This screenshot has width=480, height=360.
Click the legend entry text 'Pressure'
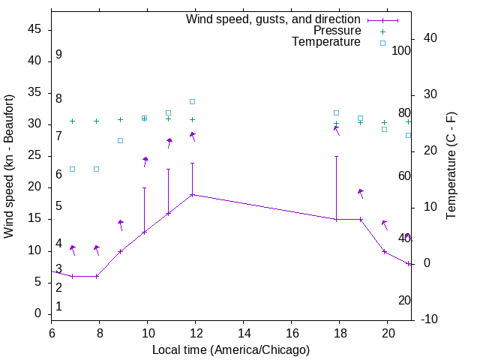[337, 31]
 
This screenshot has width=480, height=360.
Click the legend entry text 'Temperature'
[326, 42]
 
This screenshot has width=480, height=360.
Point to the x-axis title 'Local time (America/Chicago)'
[231, 349]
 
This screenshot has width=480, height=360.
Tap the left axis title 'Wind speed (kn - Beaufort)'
[9, 166]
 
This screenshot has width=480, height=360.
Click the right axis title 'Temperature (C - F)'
[451, 166]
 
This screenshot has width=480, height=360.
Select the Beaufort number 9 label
[58, 55]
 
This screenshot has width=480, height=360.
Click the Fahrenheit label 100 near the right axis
[401, 50]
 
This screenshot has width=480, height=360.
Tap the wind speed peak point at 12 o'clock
[193, 195]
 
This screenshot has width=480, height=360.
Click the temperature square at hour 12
[193, 101]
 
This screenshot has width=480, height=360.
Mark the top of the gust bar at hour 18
[336, 157]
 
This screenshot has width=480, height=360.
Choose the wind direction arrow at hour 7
[73, 250]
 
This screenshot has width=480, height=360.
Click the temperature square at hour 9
[120, 140]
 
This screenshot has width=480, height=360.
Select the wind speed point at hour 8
[97, 276]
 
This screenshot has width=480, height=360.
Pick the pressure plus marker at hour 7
[73, 121]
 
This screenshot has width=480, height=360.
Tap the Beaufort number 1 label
[58, 307]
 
